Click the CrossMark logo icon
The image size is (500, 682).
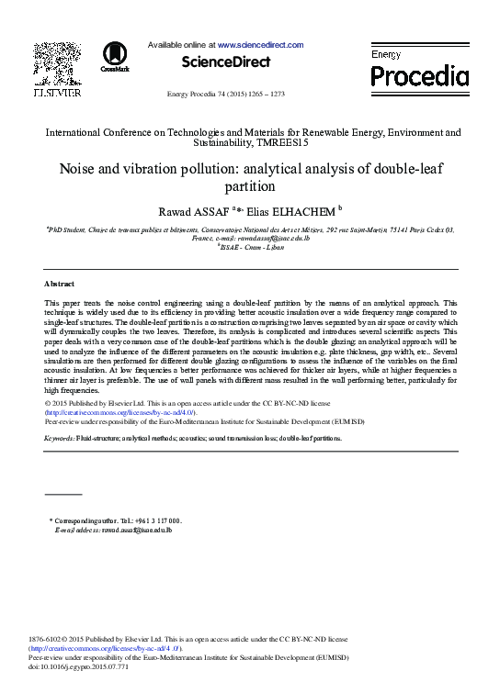tap(115, 55)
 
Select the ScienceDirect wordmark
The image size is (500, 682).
tap(226, 62)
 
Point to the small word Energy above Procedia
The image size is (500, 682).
tap(386, 55)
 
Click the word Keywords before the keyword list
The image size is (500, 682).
tap(60, 439)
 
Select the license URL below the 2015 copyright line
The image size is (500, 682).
tap(119, 413)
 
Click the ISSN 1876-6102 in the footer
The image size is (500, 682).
tap(47, 638)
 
